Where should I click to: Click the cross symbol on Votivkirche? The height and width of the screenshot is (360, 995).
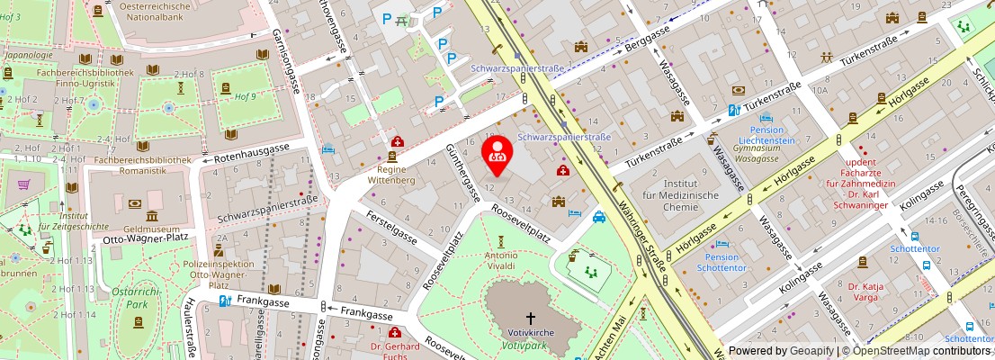click(x=531, y=318)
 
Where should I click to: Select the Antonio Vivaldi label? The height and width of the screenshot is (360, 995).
click(x=501, y=260)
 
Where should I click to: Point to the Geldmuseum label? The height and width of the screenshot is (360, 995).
click(x=148, y=229)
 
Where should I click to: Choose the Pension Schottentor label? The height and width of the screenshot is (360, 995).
click(x=722, y=262)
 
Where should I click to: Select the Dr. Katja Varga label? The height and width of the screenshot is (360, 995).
click(x=865, y=292)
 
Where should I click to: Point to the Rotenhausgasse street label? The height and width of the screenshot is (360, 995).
click(x=252, y=154)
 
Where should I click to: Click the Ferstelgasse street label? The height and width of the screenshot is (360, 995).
click(x=390, y=228)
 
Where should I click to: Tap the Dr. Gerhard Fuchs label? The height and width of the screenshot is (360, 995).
click(x=396, y=351)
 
